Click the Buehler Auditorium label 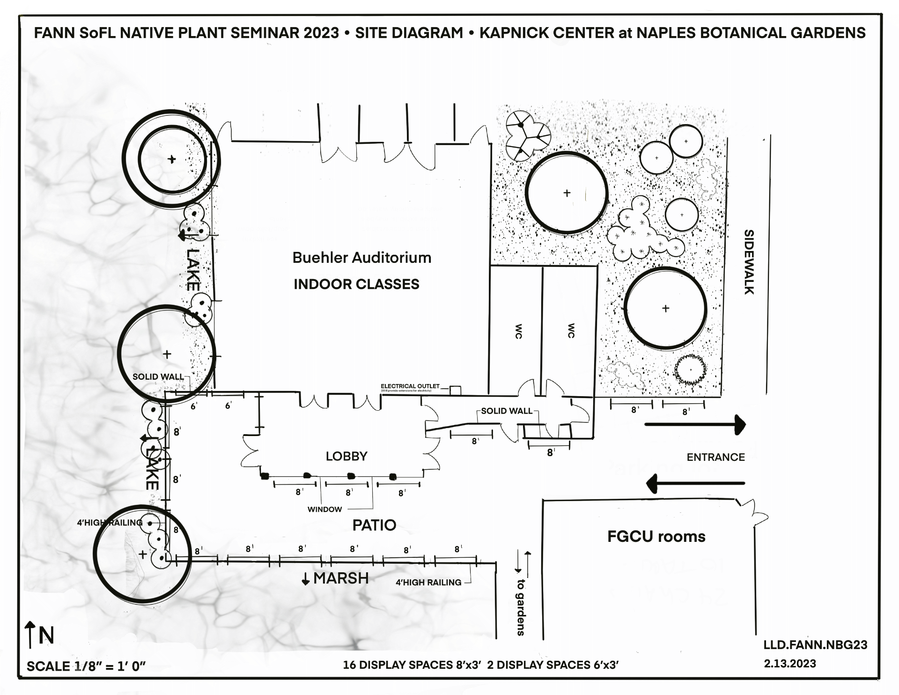tap(361, 258)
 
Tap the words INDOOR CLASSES tap(356, 284)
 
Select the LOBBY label tap(346, 456)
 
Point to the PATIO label tap(374, 525)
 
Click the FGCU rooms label tap(656, 536)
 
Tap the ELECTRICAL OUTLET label tap(410, 386)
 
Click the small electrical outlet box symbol tap(455, 390)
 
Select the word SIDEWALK tap(749, 262)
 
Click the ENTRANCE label tap(715, 457)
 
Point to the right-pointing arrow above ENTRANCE tap(695, 424)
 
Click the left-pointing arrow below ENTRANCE tap(695, 483)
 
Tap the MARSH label tap(340, 578)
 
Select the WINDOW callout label tap(324, 510)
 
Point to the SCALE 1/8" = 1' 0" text tap(86, 666)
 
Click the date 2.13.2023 tap(790, 664)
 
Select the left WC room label tap(518, 331)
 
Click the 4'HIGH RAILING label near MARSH tap(428, 583)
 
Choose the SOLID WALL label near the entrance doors tap(507, 411)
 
